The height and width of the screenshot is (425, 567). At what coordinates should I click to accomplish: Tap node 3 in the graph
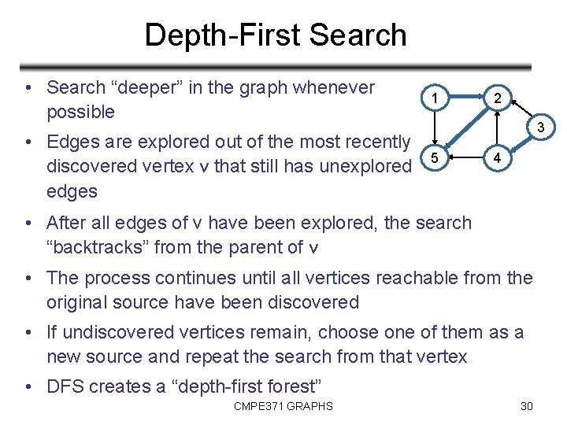pos(540,128)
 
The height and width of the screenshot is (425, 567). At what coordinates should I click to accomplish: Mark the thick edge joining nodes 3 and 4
pos(519,144)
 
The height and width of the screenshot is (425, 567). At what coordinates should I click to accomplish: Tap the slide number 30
pos(527,406)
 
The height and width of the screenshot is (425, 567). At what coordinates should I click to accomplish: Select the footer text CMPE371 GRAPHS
pos(283,406)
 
